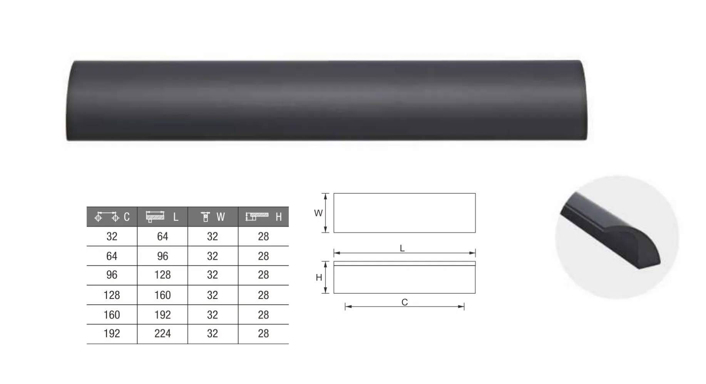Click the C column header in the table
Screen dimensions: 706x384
click(112, 217)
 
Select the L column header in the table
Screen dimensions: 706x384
click(162, 217)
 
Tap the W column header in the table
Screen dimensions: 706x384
click(213, 217)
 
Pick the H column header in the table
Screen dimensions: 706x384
click(264, 217)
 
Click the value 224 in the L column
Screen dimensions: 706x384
click(162, 334)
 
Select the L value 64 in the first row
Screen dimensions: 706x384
click(162, 237)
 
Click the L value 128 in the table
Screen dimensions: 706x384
click(162, 275)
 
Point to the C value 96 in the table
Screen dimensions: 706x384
click(112, 275)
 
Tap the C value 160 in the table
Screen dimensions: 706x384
click(112, 315)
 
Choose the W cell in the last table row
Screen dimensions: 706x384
click(212, 334)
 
